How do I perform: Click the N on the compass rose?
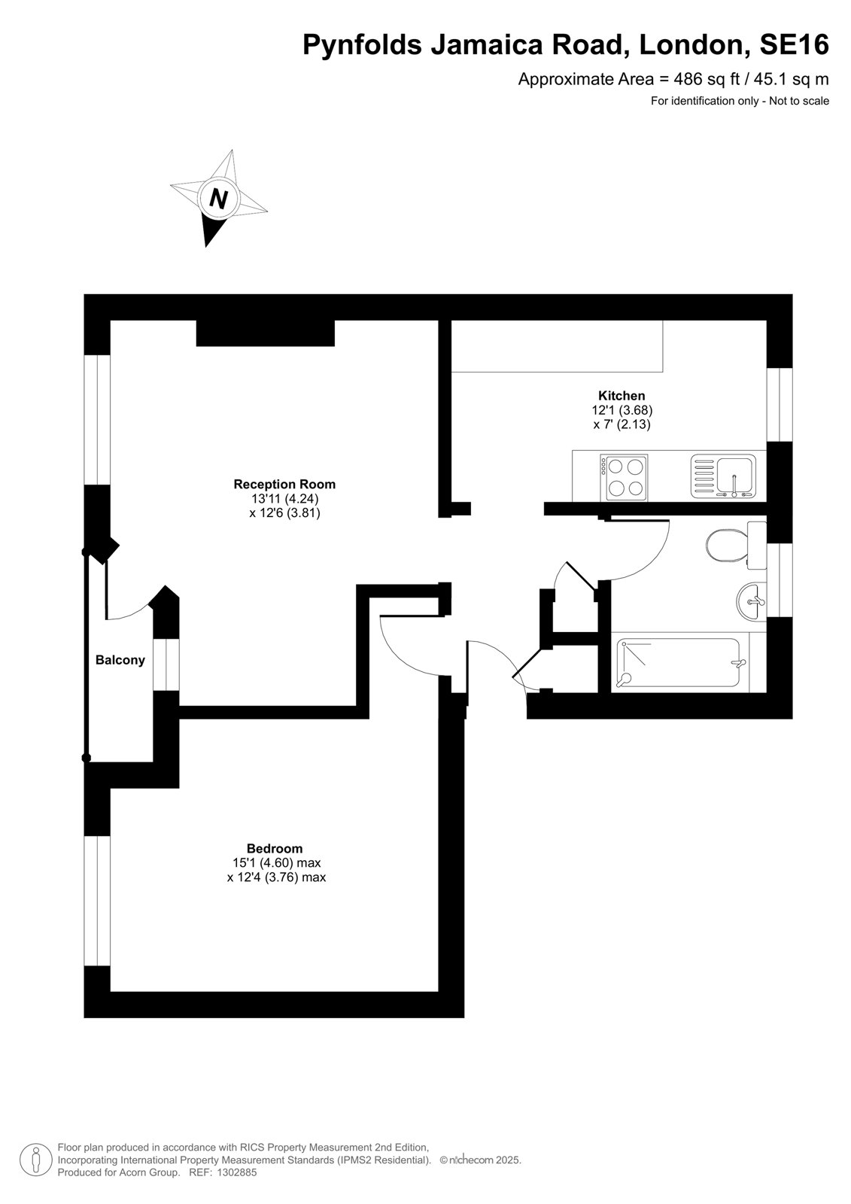[x=217, y=199]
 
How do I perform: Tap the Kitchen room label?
[x=622, y=396]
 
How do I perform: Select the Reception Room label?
[x=284, y=485]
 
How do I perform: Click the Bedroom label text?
[x=275, y=849]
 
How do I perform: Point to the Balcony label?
[x=120, y=660]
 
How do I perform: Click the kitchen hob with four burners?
[x=624, y=477]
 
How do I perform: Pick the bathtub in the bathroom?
[x=678, y=663]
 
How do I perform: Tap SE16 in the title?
[x=794, y=44]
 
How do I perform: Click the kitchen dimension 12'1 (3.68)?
[x=622, y=410]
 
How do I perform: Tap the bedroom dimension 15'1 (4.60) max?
[x=276, y=863]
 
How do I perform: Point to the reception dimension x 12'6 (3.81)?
[x=284, y=513]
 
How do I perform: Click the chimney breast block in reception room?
[x=266, y=333]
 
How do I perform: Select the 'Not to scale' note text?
[x=799, y=101]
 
